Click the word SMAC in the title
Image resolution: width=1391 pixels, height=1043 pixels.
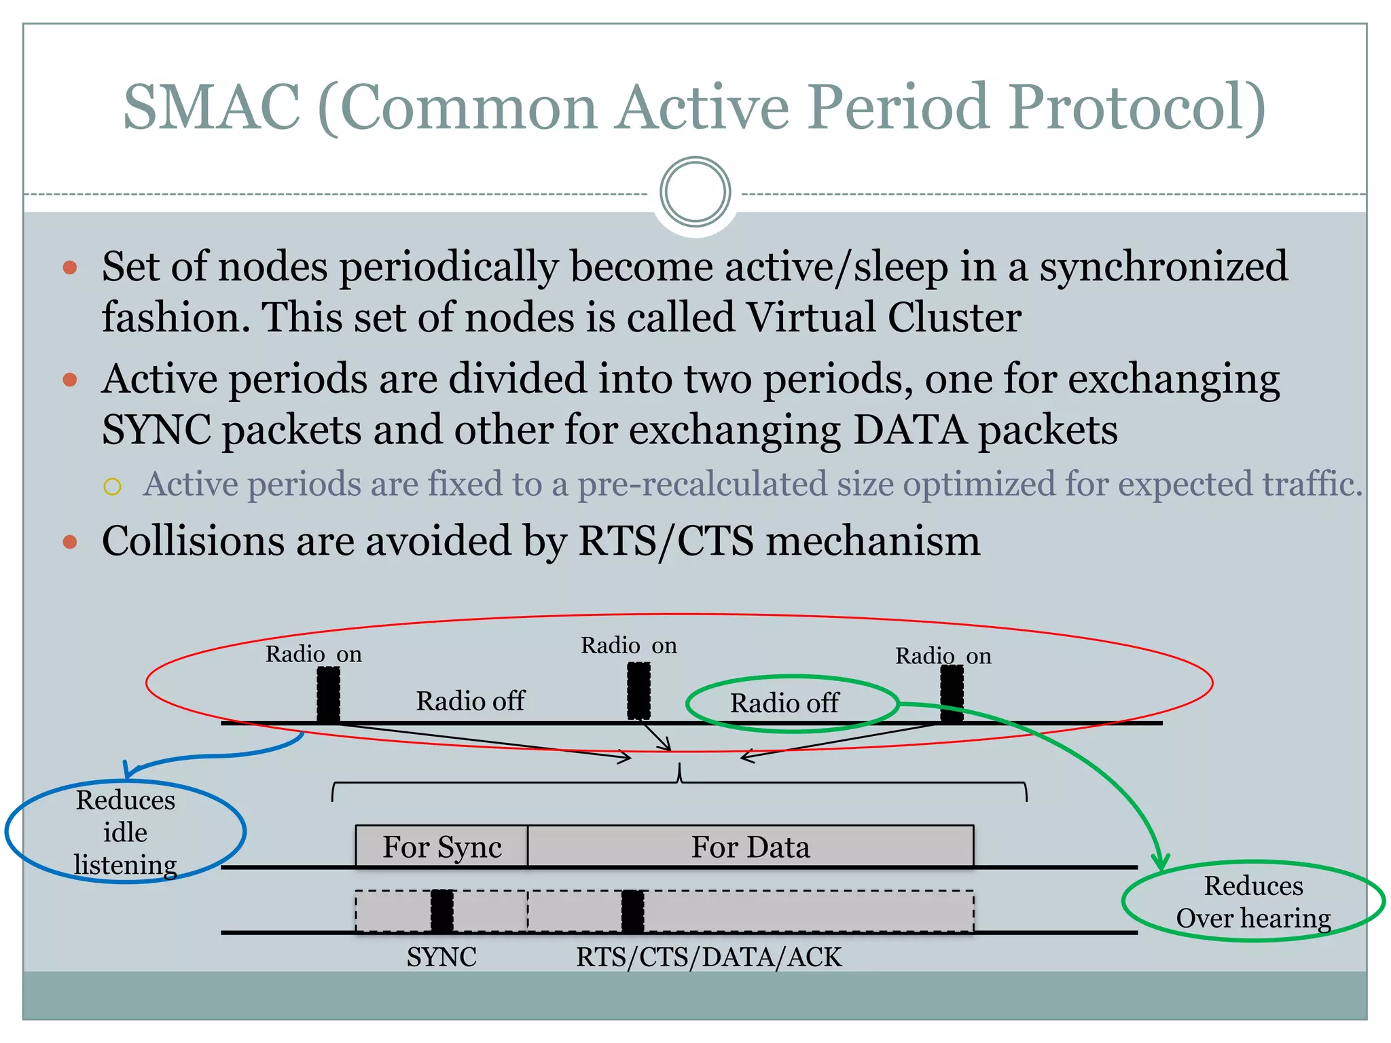(x=211, y=107)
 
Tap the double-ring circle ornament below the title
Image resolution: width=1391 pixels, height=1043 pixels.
(x=695, y=192)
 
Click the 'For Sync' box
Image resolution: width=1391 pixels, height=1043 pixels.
(x=441, y=847)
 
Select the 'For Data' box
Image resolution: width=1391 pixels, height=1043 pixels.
(x=750, y=847)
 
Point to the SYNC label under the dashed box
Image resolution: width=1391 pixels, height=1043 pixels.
(x=441, y=957)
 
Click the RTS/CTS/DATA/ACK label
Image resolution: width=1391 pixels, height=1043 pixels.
(x=708, y=957)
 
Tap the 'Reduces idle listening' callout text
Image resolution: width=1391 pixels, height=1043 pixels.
(x=126, y=832)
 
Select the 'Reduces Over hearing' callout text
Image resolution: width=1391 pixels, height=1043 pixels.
(x=1253, y=902)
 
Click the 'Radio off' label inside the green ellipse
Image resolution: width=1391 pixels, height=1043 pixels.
(x=784, y=703)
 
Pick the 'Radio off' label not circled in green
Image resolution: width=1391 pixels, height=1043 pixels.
(x=470, y=701)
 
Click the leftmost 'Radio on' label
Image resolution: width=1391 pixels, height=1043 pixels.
(x=313, y=654)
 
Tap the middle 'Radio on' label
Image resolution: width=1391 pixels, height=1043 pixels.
(x=628, y=645)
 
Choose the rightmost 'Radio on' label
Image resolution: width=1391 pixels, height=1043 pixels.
(x=943, y=656)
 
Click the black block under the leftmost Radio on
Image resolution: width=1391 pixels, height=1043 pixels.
(x=329, y=694)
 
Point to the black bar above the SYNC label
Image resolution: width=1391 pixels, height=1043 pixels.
(x=442, y=911)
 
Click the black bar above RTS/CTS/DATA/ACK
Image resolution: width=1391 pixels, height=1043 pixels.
(x=632, y=911)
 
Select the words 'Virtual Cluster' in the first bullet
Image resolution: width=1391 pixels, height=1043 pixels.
(x=883, y=317)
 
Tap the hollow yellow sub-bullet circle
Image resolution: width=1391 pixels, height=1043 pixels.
(x=113, y=486)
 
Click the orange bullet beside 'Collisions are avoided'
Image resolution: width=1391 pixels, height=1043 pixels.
(x=70, y=542)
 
